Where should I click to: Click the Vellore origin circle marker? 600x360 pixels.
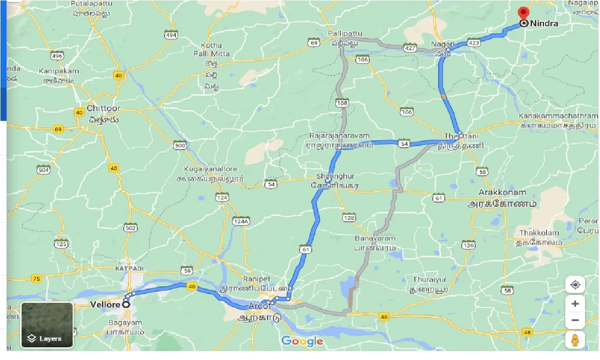click(126, 304)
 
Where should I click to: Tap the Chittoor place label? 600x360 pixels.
click(104, 108)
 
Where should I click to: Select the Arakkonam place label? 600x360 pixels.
click(502, 193)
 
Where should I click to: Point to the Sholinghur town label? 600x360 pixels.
click(335, 176)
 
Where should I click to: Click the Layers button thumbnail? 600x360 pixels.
click(47, 325)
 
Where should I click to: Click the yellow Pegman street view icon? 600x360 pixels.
click(575, 340)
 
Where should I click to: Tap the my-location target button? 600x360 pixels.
click(575, 285)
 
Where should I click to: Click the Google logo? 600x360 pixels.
click(302, 341)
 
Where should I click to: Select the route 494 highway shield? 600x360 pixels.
click(171, 34)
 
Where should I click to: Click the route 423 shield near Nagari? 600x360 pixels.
click(474, 43)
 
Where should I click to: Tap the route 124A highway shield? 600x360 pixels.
click(241, 220)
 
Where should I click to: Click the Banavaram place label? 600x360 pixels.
click(375, 238)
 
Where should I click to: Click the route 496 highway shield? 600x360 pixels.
click(57, 56)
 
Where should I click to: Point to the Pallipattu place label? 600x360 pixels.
click(345, 34)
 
